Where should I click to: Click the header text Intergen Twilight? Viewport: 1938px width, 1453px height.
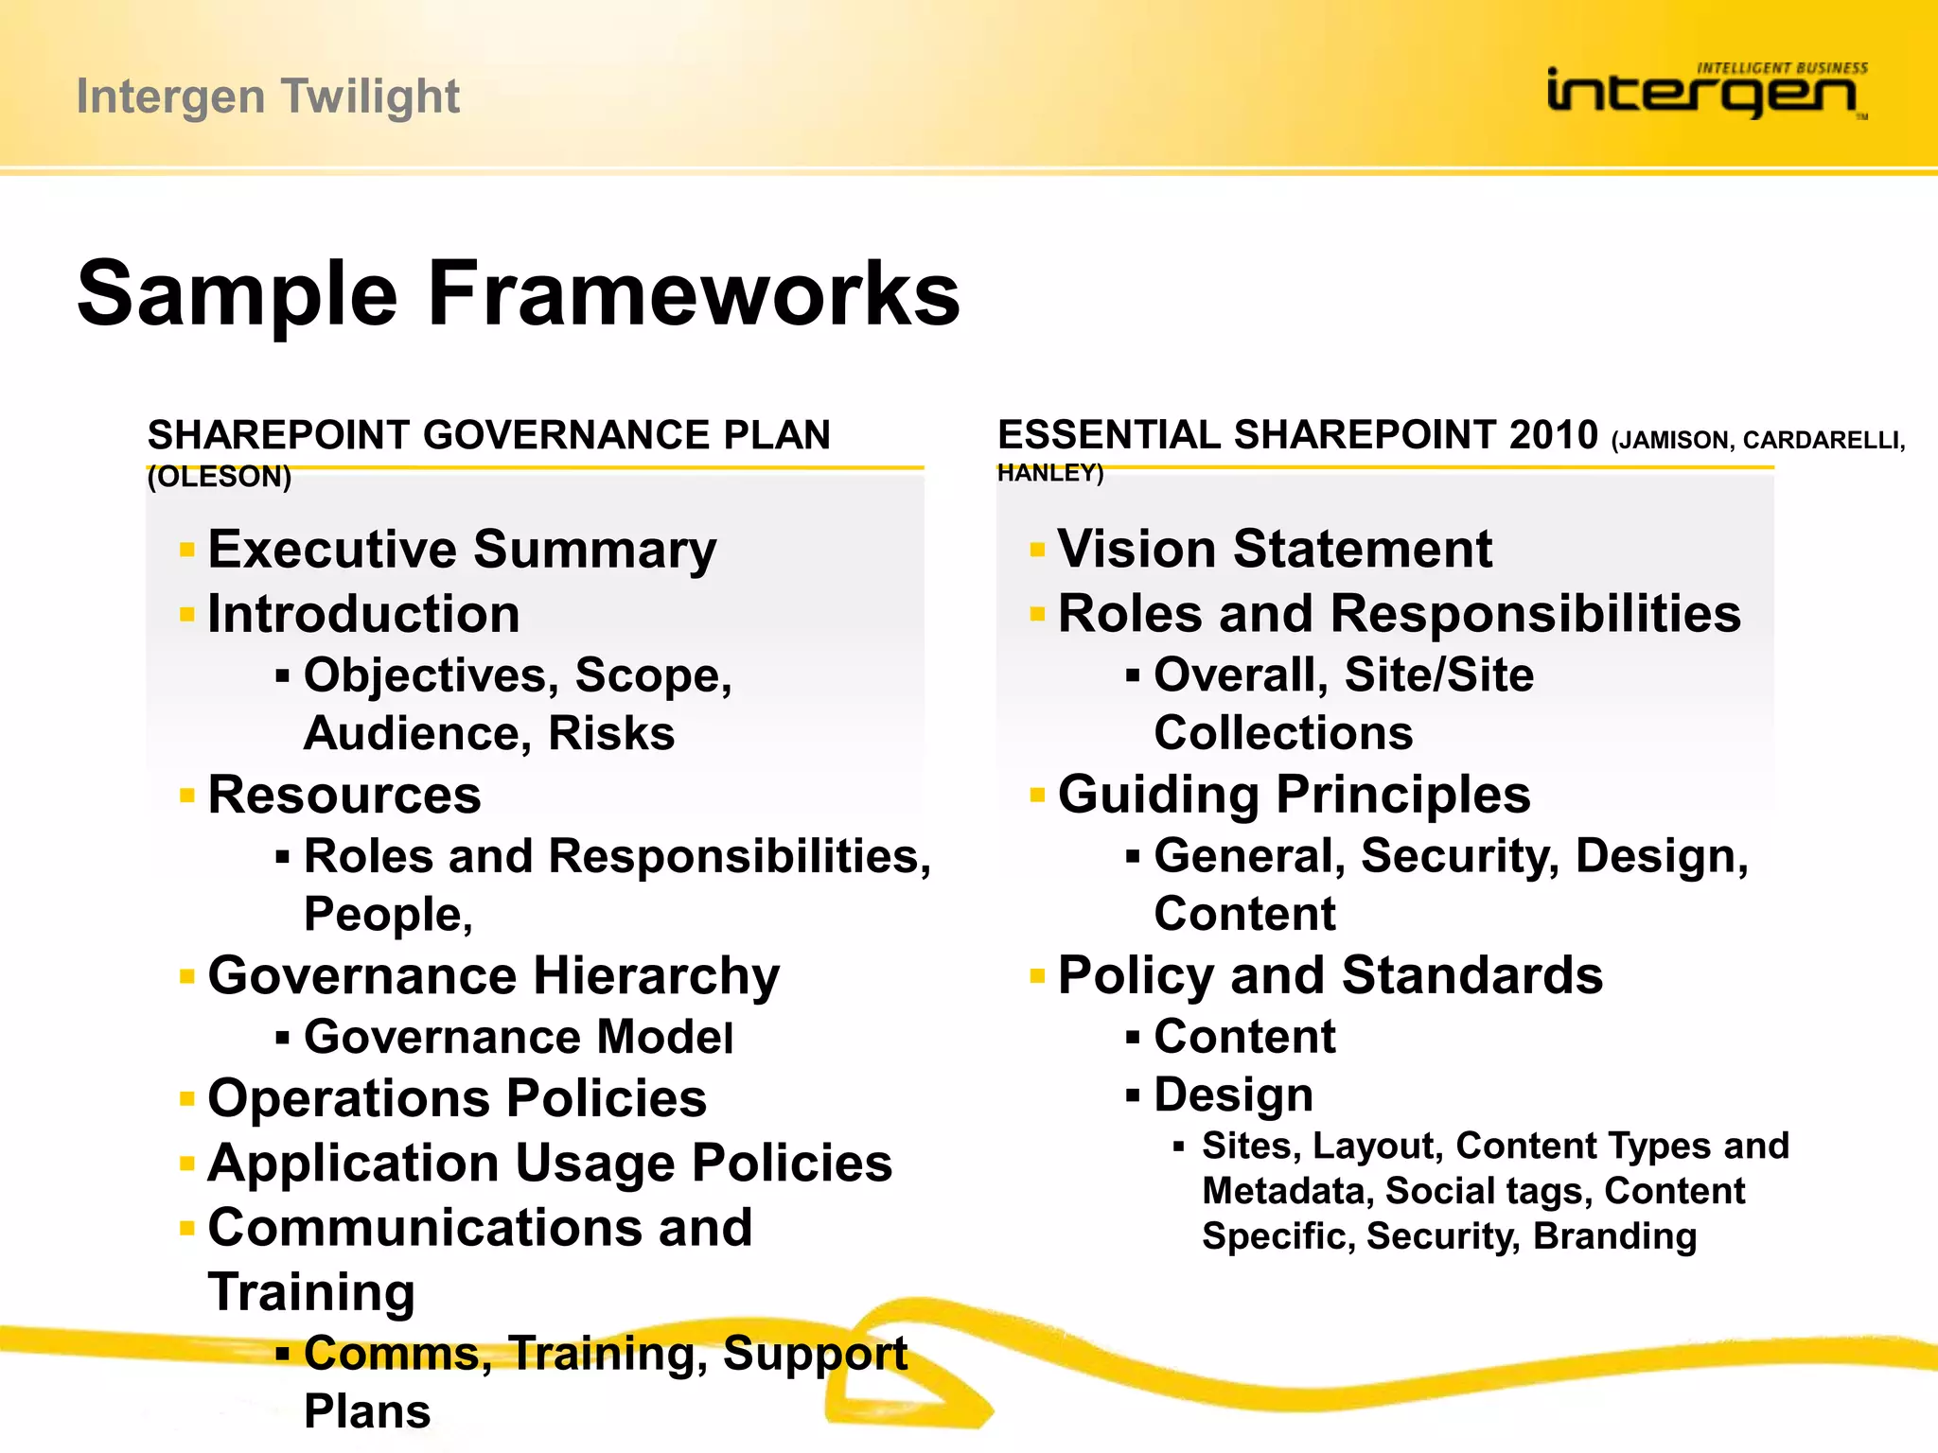(268, 96)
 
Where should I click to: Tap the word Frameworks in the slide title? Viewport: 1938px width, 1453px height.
(694, 294)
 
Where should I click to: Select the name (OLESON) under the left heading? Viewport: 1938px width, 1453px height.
(220, 477)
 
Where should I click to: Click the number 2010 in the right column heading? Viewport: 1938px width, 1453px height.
(1553, 435)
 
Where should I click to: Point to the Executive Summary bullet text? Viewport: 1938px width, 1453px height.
(462, 550)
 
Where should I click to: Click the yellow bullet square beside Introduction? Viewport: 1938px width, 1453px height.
(187, 615)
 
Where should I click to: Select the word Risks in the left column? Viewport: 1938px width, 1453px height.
(611, 734)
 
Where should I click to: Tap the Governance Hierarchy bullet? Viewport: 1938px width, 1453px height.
(493, 975)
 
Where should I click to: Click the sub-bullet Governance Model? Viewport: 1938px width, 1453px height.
(518, 1037)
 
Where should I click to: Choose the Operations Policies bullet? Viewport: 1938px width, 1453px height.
(457, 1098)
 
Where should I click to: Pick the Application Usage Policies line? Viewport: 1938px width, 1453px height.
(549, 1163)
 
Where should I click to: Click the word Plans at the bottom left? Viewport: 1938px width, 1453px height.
(367, 1411)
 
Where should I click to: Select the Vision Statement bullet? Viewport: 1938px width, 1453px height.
(1274, 549)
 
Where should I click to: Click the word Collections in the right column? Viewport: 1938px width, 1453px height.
(1283, 733)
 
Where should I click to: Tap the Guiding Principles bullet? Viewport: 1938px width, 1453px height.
(1294, 795)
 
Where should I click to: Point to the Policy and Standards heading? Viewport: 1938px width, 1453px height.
(1330, 975)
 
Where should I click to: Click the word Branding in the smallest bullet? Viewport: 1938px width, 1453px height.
(1614, 1236)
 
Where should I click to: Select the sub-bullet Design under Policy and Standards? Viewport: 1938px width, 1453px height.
(1233, 1095)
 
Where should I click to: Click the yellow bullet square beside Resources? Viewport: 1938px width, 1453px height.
(187, 796)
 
